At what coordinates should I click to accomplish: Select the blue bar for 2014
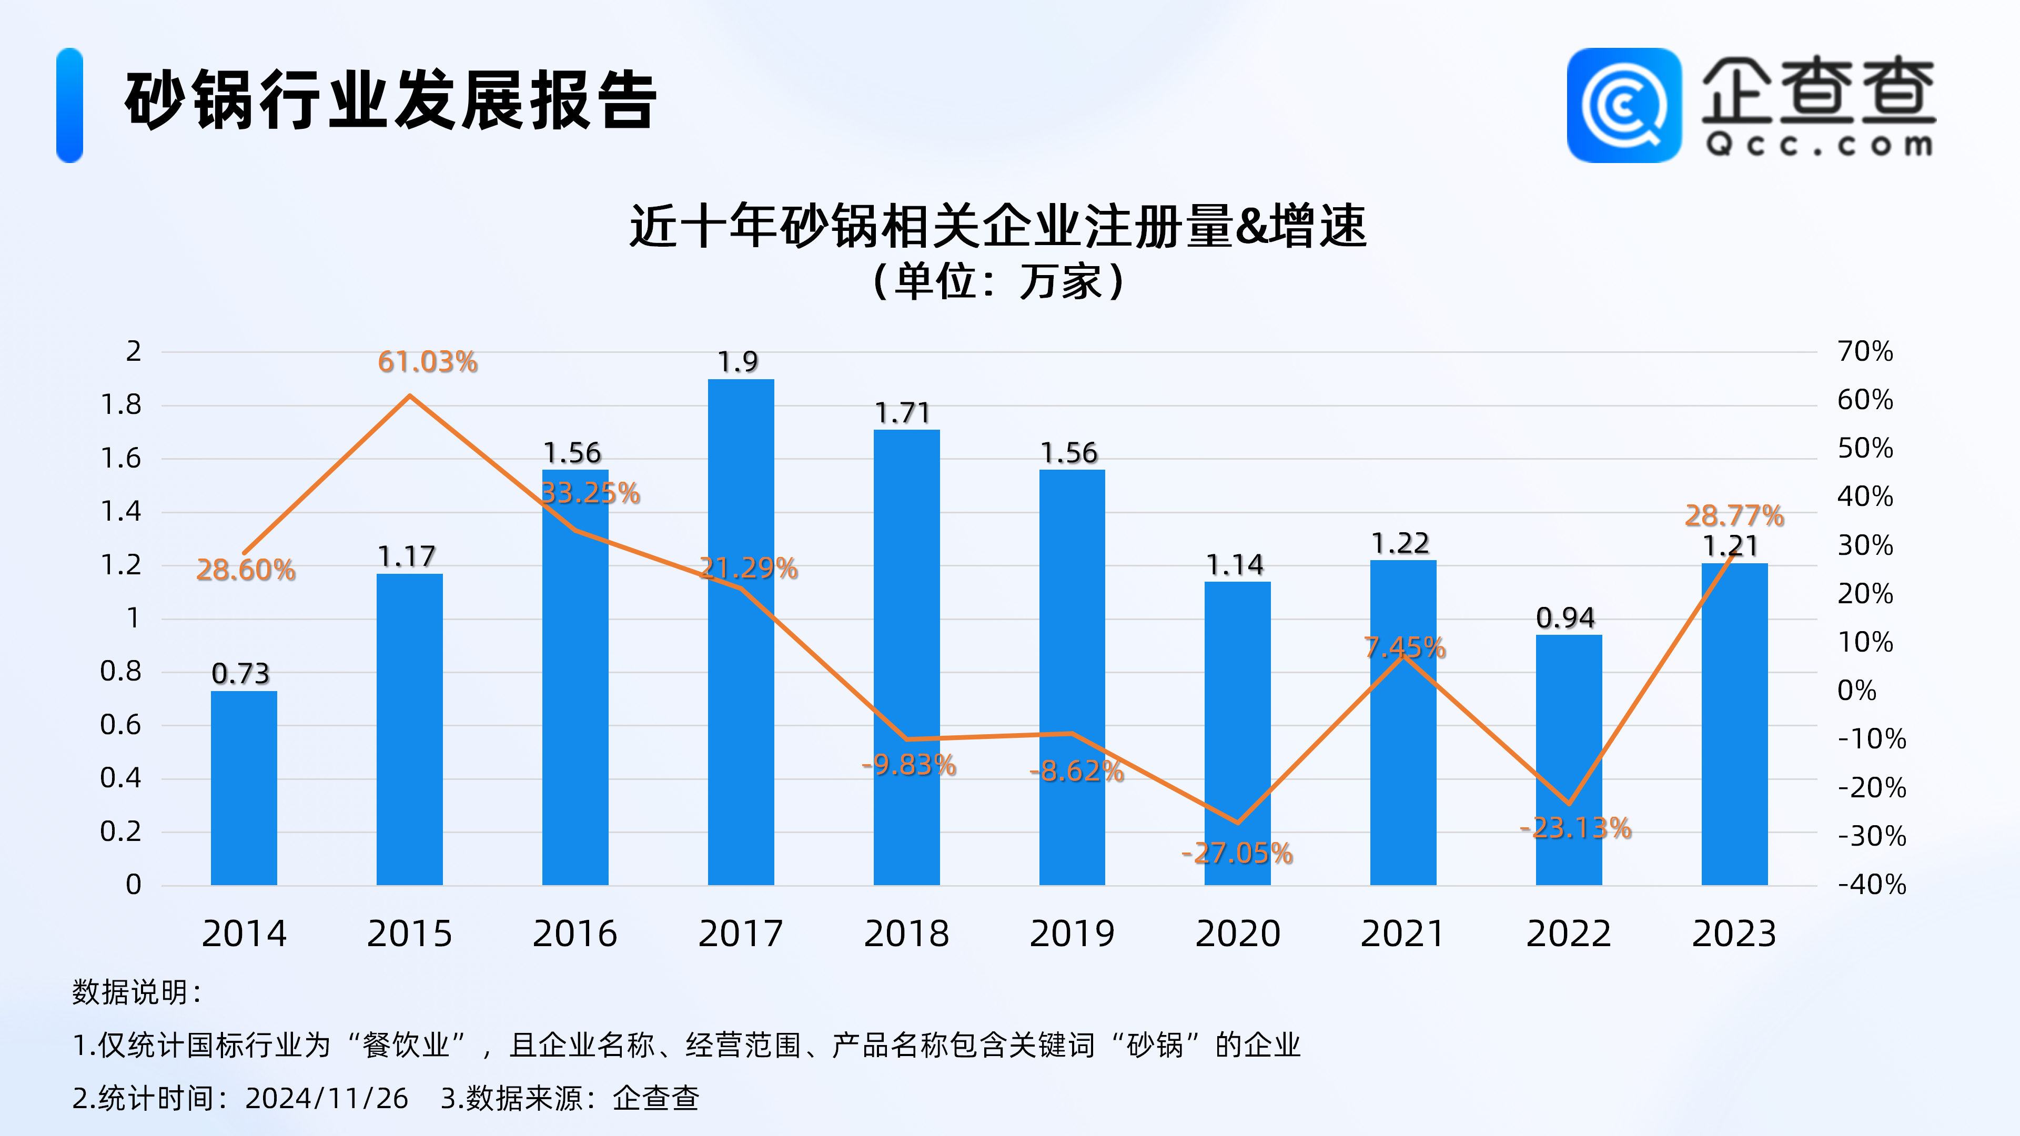point(244,788)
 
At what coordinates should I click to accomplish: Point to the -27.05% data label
point(1237,853)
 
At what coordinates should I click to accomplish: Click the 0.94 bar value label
point(1565,618)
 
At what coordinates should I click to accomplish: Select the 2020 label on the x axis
point(1237,934)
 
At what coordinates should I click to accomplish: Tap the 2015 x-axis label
point(409,934)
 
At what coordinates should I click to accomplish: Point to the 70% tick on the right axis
point(1865,351)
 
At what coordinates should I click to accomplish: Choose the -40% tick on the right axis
point(1872,884)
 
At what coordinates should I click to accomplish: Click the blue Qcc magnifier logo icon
point(1623,105)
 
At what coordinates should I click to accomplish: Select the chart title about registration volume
point(998,227)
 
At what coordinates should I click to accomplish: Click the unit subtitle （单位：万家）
point(998,281)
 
